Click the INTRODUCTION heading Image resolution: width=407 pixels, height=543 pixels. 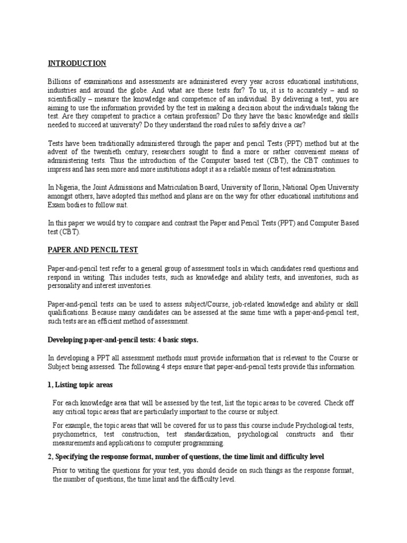(x=77, y=64)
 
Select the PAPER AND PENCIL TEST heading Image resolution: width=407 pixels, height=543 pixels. (x=93, y=250)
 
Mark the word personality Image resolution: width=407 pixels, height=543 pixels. (x=66, y=285)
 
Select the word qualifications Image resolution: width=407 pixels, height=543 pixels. (x=69, y=312)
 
